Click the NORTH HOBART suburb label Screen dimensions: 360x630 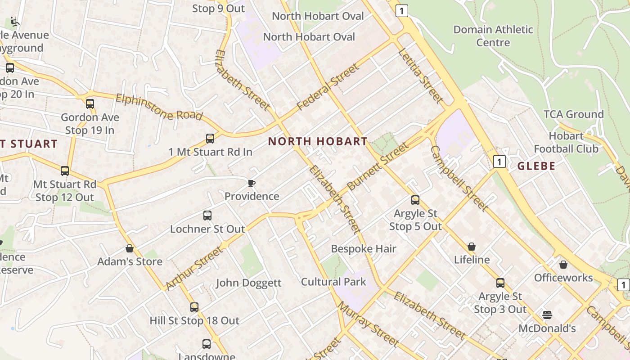point(318,141)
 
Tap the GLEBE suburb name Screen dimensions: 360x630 point(536,166)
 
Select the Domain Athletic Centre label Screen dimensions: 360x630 point(493,36)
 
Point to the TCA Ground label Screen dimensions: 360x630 point(573,114)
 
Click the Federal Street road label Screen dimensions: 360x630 point(328,87)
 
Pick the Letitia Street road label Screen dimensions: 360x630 point(420,75)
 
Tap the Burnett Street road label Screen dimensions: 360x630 point(378,166)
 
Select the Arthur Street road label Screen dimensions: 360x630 point(194,268)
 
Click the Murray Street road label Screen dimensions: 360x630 point(368,324)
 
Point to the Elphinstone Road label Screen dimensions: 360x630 point(159,107)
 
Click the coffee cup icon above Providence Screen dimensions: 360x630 point(252,183)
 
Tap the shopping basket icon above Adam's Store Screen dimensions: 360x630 point(130,248)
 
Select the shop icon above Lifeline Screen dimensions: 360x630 point(472,247)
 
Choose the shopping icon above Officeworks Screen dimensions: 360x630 point(563,265)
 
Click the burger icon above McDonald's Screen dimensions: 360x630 point(547,315)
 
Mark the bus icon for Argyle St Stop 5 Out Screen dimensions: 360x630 point(415,200)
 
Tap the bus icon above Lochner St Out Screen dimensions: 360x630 point(207,216)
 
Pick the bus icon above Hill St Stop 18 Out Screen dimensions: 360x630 point(194,307)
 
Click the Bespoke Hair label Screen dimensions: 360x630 point(364,249)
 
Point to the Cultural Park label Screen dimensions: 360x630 point(333,282)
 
